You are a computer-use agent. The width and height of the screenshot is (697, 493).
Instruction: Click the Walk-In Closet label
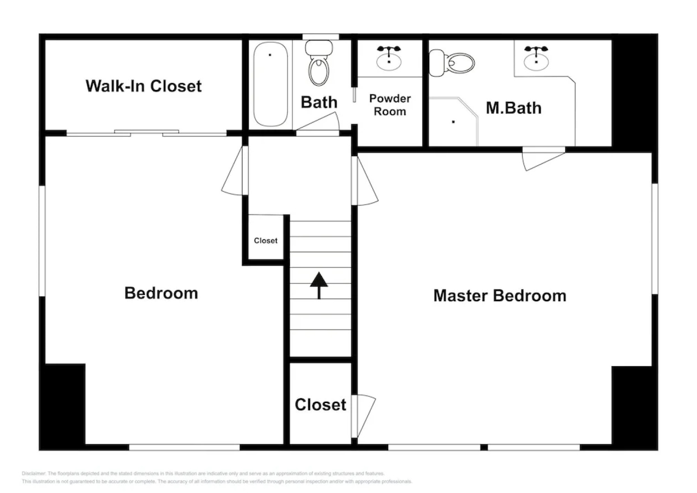click(143, 86)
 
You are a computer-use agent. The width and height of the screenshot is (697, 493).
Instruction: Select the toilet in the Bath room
click(319, 64)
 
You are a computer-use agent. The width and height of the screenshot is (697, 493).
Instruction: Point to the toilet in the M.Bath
click(452, 63)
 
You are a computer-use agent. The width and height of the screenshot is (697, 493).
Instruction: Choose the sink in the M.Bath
click(536, 59)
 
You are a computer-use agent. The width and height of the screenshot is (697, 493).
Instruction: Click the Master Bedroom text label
click(499, 296)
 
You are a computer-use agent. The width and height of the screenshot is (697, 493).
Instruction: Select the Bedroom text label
click(161, 293)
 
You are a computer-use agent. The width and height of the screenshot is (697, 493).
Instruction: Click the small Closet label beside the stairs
click(265, 241)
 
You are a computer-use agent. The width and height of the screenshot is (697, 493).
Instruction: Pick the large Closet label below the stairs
click(320, 404)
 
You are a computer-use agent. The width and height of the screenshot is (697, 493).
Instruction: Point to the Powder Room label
click(390, 105)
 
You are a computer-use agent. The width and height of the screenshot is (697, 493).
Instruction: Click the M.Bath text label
click(514, 108)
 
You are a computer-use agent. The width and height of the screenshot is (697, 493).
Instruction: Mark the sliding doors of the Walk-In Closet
click(146, 133)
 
